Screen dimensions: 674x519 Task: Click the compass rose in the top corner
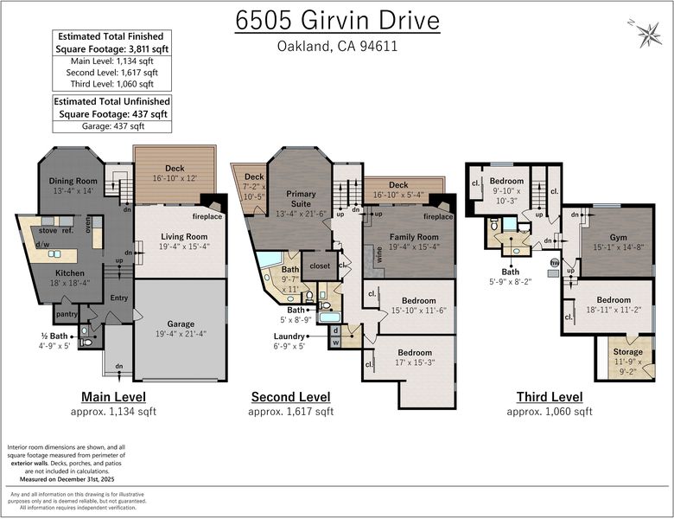click(648, 34)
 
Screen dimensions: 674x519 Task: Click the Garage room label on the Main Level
click(181, 324)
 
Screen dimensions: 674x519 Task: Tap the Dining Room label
click(73, 181)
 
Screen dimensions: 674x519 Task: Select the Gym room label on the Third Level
click(618, 237)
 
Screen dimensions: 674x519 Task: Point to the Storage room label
click(627, 351)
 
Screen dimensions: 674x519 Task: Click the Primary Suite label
click(301, 199)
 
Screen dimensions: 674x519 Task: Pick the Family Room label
click(414, 237)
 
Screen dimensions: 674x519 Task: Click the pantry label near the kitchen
click(67, 314)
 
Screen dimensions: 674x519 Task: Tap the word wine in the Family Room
click(378, 254)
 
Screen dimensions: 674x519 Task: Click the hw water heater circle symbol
click(555, 262)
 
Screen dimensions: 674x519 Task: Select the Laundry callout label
click(289, 336)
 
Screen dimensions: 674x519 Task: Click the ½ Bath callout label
click(54, 336)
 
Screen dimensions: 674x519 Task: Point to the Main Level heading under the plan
click(113, 397)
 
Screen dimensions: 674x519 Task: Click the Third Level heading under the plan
click(550, 397)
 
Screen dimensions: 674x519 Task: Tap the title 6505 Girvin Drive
click(337, 20)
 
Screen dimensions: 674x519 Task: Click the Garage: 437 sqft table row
click(112, 126)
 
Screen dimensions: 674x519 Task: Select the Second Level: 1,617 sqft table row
click(111, 73)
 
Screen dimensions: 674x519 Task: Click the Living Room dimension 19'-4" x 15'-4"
click(184, 247)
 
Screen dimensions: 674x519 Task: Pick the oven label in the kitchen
click(88, 224)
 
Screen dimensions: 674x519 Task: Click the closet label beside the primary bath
click(320, 266)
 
